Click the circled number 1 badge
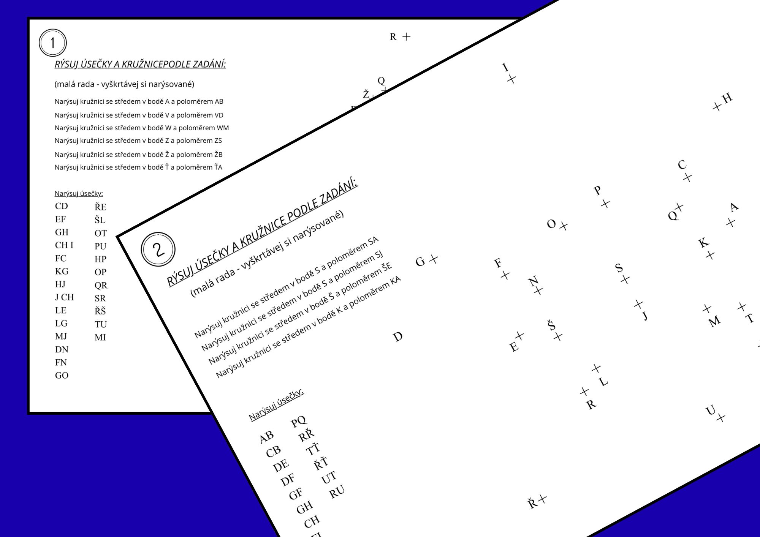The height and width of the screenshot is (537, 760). click(x=53, y=43)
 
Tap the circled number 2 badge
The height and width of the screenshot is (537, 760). click(x=158, y=249)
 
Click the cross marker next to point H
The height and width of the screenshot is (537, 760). click(x=717, y=107)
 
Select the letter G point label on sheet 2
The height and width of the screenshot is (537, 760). click(x=420, y=261)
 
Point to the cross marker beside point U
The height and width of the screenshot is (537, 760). click(x=720, y=418)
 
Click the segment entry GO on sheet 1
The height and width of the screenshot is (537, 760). click(x=62, y=375)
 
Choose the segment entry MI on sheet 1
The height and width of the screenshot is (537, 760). click(x=100, y=337)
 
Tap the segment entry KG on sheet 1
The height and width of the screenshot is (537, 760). click(x=62, y=271)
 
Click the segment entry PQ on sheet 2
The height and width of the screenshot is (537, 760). click(x=299, y=421)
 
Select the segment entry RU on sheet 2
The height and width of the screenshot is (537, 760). click(x=337, y=491)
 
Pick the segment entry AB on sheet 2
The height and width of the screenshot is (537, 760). click(x=266, y=437)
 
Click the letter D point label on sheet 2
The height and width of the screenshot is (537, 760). click(x=397, y=337)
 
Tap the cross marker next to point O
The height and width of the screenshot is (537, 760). click(x=564, y=226)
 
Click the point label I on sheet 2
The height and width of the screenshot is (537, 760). click(x=505, y=67)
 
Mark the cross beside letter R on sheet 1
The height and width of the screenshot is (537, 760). click(x=406, y=36)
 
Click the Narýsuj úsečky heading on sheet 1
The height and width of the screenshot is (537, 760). click(x=79, y=194)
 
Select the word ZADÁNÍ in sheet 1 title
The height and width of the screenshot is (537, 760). click(x=209, y=64)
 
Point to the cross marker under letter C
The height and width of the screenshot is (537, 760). click(x=687, y=177)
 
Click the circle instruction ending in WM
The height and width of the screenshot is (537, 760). click(x=142, y=128)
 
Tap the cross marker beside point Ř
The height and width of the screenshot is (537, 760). click(x=543, y=499)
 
